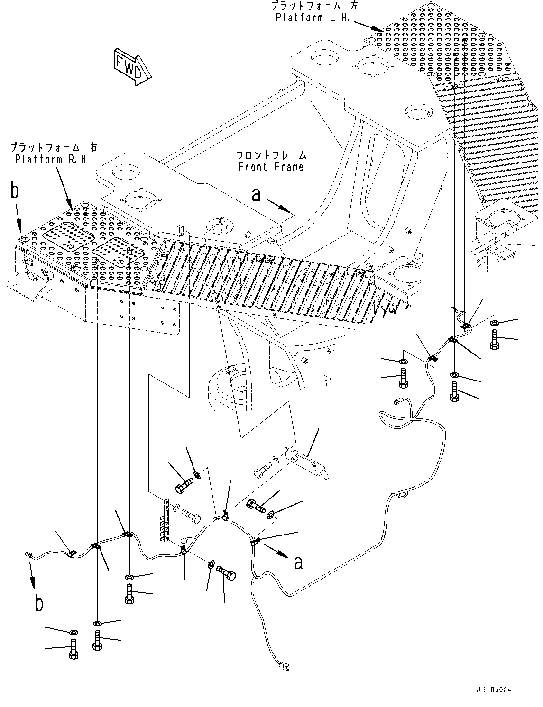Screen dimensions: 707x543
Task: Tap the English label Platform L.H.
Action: pos(313,18)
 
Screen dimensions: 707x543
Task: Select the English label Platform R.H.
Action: pos(51,159)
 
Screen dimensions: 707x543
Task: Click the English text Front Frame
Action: pos(271,166)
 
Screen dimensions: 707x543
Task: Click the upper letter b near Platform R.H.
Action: pos(16,191)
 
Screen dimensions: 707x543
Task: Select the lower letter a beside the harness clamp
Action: pos(298,562)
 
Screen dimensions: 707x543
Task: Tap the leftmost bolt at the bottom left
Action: pos(74,648)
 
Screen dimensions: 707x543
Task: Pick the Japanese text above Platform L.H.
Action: pos(312,6)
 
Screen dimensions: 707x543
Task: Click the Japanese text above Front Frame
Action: pos(271,155)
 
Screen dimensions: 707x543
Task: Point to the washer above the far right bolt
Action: pos(494,323)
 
